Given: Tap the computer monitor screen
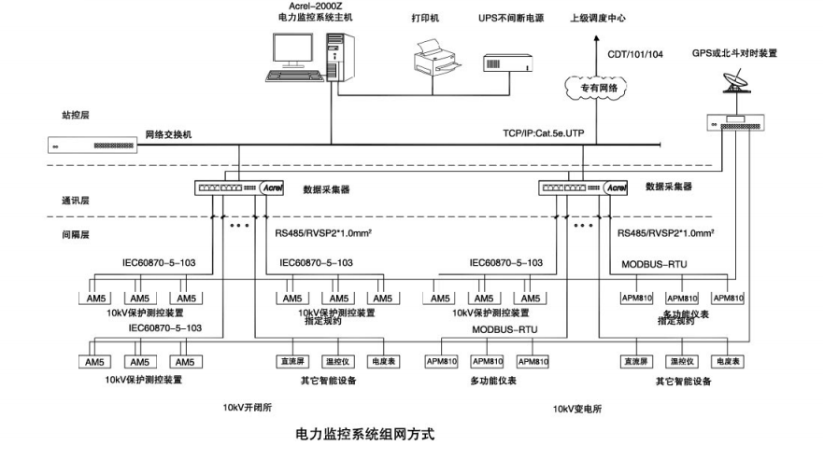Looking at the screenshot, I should (x=292, y=49).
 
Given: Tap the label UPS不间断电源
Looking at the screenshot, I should (x=510, y=18).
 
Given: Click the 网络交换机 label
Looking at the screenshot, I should (x=168, y=134).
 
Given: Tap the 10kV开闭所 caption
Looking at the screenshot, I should (x=248, y=408).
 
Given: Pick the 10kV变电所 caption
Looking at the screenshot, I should (x=578, y=409).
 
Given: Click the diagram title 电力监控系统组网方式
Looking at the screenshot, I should (x=364, y=434).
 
